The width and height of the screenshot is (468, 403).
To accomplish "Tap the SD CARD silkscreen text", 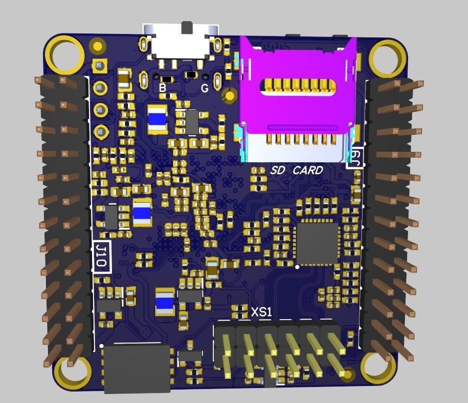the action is (x=296, y=170).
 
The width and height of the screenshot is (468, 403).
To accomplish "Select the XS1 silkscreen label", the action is (x=261, y=312).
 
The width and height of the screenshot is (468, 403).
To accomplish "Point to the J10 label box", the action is (x=102, y=256).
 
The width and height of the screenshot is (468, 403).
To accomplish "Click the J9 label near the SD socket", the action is (x=355, y=158).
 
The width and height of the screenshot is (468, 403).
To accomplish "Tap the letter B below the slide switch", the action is (x=162, y=88).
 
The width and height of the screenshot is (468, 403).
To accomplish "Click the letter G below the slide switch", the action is (x=204, y=88).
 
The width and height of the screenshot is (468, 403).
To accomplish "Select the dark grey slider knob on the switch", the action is (x=187, y=27).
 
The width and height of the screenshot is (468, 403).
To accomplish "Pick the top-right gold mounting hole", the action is (x=388, y=58).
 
